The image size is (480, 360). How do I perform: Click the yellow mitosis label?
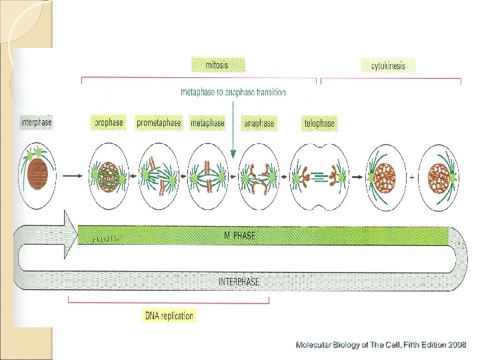click(x=217, y=65)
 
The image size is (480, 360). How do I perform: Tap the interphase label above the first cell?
click(x=37, y=123)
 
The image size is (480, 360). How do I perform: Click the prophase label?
click(x=107, y=123)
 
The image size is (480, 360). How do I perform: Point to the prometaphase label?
click(x=159, y=123)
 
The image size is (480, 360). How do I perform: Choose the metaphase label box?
click(x=207, y=123)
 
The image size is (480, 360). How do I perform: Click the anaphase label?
click(x=259, y=123)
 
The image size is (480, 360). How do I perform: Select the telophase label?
click(x=319, y=123)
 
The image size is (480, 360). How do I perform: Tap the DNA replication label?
click(x=169, y=315)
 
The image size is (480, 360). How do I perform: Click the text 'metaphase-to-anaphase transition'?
click(x=233, y=92)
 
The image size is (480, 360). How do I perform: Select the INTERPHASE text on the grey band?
click(x=239, y=281)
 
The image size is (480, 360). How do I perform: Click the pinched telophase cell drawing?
click(x=319, y=175)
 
